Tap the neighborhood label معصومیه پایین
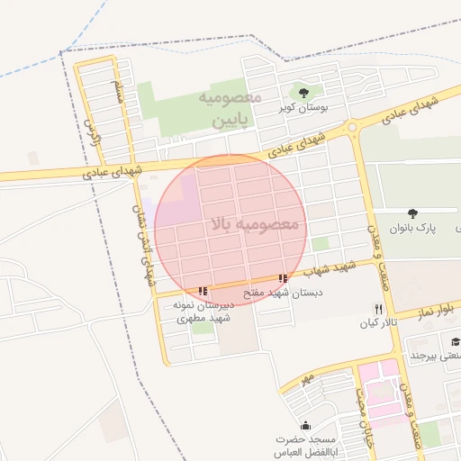[230, 108]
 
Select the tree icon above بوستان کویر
[303, 92]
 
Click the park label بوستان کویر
[303, 108]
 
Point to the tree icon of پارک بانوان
[412, 213]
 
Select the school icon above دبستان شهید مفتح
[284, 278]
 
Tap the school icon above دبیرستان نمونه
[203, 290]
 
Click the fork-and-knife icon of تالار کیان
[378, 308]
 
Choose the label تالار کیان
[378, 322]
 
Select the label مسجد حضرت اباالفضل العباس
[304, 446]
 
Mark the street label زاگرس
[89, 132]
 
